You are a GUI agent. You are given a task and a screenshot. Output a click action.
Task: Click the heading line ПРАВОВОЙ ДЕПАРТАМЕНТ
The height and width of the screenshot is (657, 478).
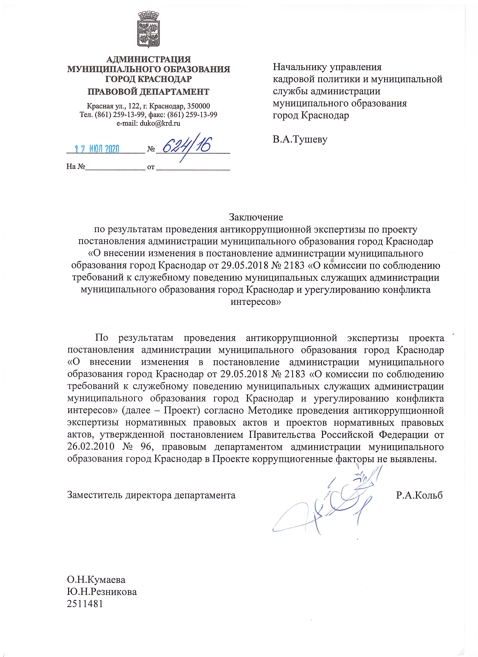pos(148,92)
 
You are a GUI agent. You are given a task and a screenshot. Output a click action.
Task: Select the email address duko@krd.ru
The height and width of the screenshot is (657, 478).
pos(160,123)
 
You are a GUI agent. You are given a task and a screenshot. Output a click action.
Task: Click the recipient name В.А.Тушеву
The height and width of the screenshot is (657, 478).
pos(300,139)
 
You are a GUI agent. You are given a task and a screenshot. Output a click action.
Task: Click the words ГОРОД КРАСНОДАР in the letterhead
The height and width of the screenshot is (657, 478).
pos(148,79)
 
